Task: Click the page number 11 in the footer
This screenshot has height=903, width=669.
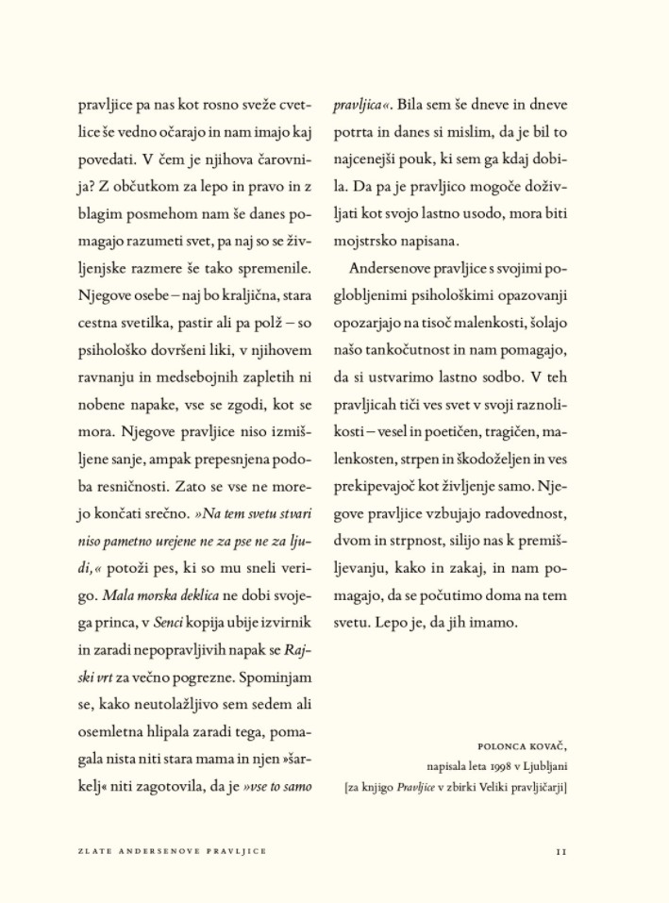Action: [560, 851]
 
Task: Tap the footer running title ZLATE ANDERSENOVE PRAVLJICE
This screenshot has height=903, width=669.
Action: [172, 851]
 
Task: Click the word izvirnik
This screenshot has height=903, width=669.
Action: [288, 624]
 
